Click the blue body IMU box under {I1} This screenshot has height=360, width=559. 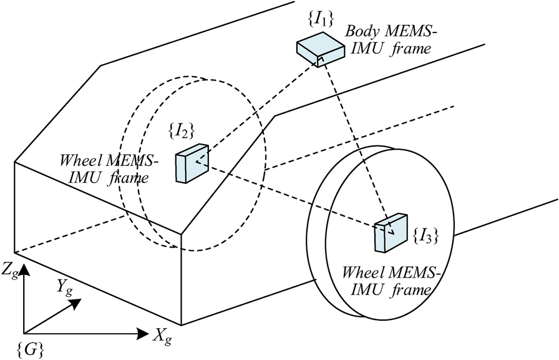coord(320,49)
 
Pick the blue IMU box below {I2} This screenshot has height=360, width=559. coord(192,164)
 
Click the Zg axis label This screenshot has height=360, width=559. coord(10,270)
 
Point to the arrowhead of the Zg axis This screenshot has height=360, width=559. coord(24,269)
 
